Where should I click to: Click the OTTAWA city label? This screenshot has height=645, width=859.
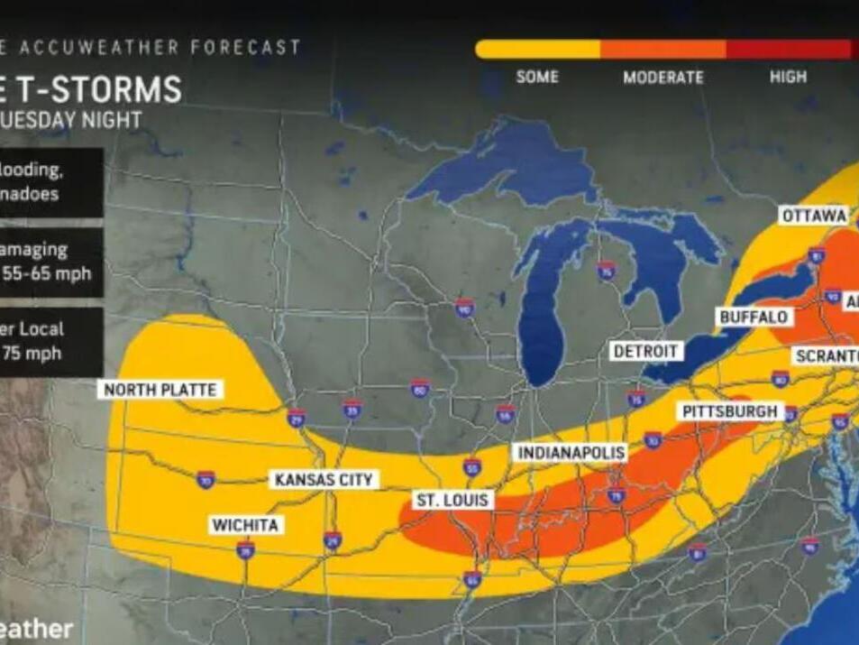pos(815,216)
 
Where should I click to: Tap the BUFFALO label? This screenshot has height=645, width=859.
pos(754,318)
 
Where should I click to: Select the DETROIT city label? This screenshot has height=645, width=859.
pos(646,351)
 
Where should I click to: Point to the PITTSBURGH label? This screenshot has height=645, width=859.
pos(729,411)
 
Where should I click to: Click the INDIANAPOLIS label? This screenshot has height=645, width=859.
pos(571,453)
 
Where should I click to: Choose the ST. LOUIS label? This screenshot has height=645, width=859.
pos(452,500)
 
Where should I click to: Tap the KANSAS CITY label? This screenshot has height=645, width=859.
pos(324,479)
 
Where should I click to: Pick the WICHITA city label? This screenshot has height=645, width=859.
pos(244,525)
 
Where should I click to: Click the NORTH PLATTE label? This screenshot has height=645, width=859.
pos(160,390)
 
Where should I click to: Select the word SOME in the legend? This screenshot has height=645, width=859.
pos(538,78)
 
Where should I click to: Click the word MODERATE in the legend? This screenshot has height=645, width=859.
pos(663,78)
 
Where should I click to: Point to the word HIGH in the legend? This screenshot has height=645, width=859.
pos(788,78)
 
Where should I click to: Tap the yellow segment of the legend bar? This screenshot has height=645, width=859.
pos(538,50)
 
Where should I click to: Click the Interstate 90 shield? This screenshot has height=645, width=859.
pos(464,309)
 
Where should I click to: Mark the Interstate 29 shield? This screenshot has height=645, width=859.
pos(297,417)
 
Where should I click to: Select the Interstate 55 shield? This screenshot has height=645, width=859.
pos(471,466)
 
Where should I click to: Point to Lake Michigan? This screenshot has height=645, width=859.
pos(541,307)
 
